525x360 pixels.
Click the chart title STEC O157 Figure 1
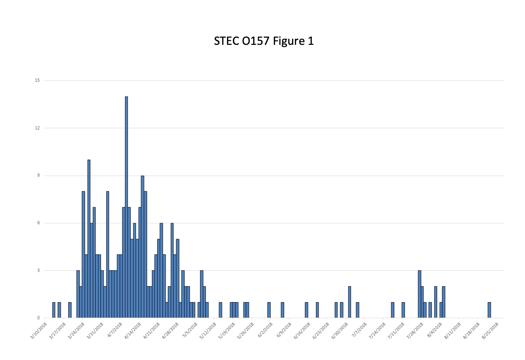point(263,41)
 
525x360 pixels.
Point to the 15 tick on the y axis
point(37,80)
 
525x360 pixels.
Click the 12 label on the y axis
point(37,128)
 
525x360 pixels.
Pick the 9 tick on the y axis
point(38,175)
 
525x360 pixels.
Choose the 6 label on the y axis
point(38,223)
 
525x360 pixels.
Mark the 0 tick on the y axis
point(38,318)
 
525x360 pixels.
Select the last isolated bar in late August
point(489,310)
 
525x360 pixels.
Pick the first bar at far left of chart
point(54,310)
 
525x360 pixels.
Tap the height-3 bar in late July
point(419,294)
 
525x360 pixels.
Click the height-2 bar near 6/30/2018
point(349,302)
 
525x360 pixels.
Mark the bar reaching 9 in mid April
point(142,246)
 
